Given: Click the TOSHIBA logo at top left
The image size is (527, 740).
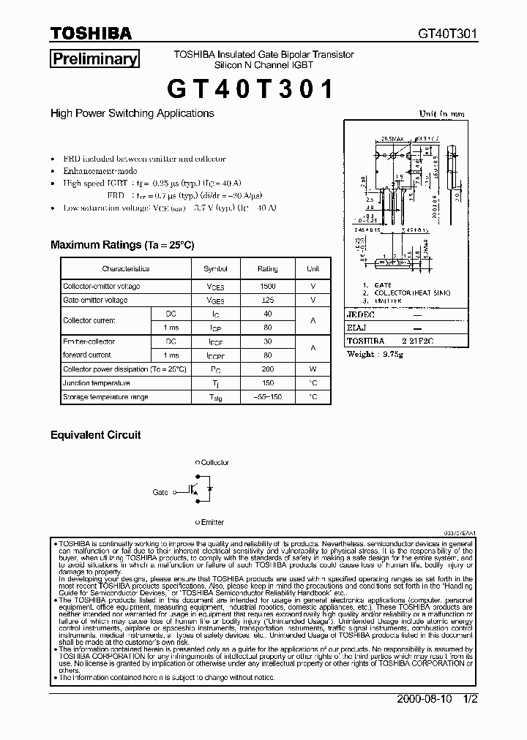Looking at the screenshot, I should point(91,34).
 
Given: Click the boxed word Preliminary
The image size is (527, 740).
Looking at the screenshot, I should point(94,59).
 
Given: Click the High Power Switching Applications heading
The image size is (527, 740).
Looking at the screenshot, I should point(132,113).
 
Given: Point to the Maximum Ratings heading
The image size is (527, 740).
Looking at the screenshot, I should point(122,245).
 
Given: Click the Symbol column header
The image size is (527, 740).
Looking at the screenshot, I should point(215,269).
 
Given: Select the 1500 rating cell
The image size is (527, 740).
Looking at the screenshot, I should point(268,287).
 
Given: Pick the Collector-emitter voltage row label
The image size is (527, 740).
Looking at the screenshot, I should point(101,287).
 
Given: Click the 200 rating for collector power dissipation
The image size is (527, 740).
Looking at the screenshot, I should point(268,369).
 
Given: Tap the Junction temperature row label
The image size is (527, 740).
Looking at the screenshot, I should point(97,383).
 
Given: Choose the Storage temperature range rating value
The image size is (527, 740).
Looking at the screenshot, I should point(268,397).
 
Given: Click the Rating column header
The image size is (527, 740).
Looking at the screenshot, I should point(268,269).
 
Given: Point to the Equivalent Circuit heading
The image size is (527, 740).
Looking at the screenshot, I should point(95,434).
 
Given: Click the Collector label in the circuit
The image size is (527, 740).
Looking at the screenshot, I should point(214,463).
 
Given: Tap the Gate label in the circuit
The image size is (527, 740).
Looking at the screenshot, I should point(160,493).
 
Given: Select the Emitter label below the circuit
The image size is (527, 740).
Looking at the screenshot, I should point(212,522).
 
